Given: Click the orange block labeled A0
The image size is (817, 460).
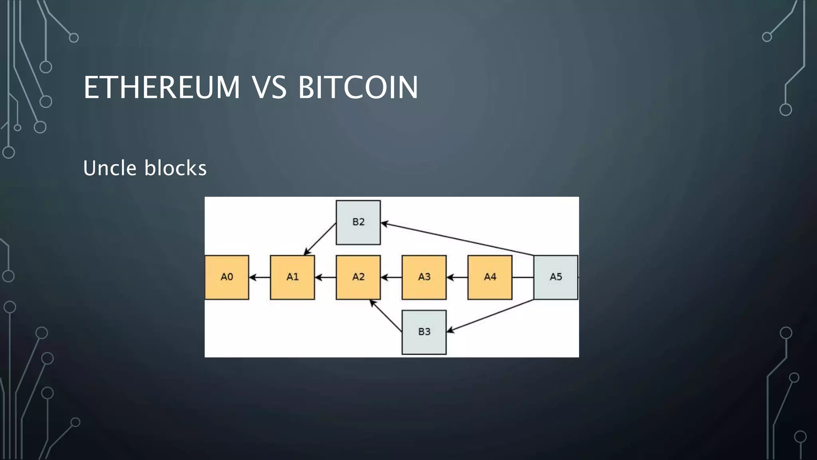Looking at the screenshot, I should pyautogui.click(x=227, y=277).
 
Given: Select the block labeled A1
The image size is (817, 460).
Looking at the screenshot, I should pyautogui.click(x=292, y=277).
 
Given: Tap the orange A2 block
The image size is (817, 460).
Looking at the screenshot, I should pyautogui.click(x=358, y=277).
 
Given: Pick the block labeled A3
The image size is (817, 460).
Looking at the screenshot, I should pyautogui.click(x=424, y=277).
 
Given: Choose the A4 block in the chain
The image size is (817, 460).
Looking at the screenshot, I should pyautogui.click(x=490, y=277).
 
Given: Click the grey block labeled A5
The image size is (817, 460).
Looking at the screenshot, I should pyautogui.click(x=556, y=277).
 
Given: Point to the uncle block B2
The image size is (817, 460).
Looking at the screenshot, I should pyautogui.click(x=358, y=222).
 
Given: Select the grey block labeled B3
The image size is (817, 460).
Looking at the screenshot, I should pyautogui.click(x=424, y=332).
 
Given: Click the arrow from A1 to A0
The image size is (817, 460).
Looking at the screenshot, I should pyautogui.click(x=259, y=277).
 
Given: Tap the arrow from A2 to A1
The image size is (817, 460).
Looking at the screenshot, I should pyautogui.click(x=325, y=277).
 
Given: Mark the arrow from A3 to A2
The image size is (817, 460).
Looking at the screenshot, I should pyautogui.click(x=391, y=277).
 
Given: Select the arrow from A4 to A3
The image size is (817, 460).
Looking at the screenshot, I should pyautogui.click(x=457, y=277).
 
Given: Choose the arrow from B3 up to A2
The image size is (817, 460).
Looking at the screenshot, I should pyautogui.click(x=386, y=315).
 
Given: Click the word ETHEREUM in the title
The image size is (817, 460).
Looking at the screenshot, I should pyautogui.click(x=162, y=87).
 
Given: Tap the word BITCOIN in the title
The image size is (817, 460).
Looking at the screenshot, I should pyautogui.click(x=358, y=87).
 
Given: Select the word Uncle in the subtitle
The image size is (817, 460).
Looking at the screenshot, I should pyautogui.click(x=110, y=168).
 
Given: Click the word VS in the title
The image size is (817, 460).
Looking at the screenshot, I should pyautogui.click(x=269, y=87).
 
